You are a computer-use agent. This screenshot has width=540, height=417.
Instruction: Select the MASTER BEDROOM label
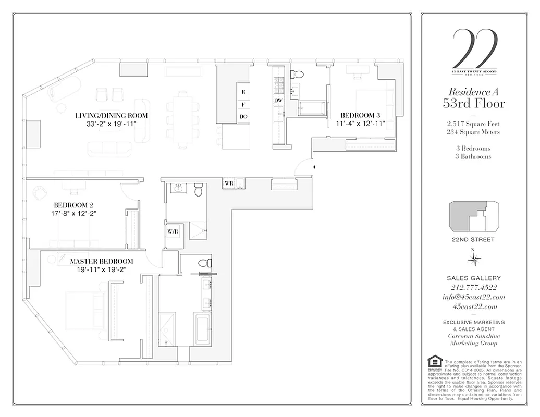point(102,261)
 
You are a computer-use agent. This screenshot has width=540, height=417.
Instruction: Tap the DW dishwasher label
point(278,100)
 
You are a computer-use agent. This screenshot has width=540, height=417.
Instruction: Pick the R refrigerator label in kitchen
point(243,91)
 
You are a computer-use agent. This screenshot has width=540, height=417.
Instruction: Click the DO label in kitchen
point(243,117)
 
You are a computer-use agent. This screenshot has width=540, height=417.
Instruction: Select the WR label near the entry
point(228,183)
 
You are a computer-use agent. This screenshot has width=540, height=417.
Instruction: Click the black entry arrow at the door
point(314,167)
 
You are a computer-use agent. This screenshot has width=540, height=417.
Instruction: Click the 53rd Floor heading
point(474,103)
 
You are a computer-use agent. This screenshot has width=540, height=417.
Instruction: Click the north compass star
point(473,259)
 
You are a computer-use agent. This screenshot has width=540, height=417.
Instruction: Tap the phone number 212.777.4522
point(474,287)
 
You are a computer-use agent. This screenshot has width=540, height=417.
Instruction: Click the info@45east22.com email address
point(474,297)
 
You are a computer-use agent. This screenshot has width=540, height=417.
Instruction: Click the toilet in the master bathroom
point(207,263)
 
